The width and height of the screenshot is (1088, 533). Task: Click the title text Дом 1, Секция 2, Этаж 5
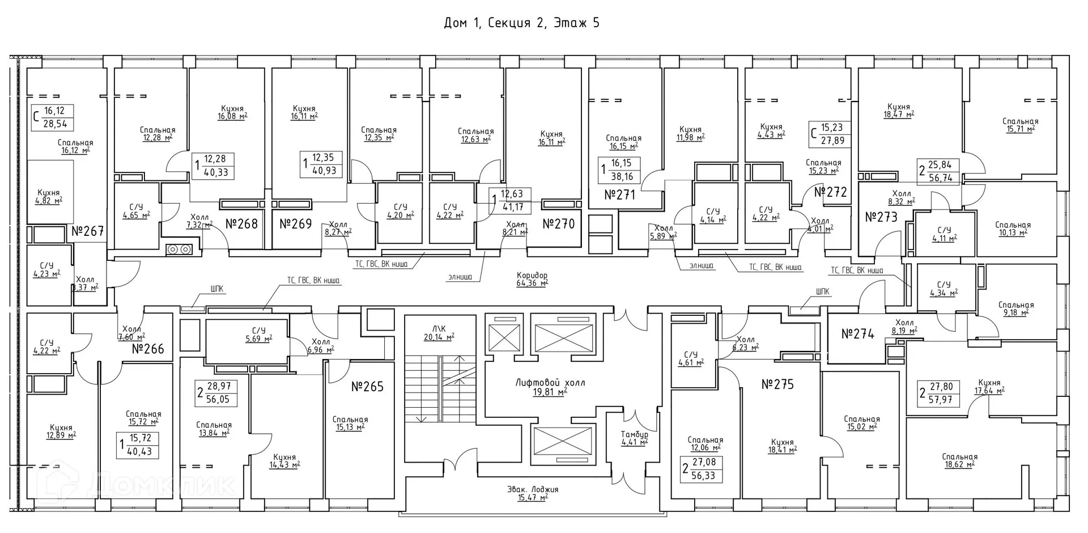[521, 23]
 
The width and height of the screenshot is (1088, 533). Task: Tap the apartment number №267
[88, 231]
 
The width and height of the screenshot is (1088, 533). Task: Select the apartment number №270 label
[558, 224]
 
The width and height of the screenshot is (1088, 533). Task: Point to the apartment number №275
[777, 384]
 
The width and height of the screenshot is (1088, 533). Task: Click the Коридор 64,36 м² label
[532, 279]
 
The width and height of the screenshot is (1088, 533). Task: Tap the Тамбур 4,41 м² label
[634, 438]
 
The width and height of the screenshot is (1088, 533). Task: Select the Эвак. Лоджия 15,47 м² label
[533, 493]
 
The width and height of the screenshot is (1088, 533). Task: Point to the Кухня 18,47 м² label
[898, 111]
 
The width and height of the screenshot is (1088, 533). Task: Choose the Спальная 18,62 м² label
[959, 460]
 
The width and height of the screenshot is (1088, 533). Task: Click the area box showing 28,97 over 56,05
[216, 392]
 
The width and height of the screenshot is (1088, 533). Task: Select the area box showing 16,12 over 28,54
[53, 117]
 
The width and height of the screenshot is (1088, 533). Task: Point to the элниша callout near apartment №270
[464, 278]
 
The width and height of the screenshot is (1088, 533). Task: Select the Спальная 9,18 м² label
[1015, 308]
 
